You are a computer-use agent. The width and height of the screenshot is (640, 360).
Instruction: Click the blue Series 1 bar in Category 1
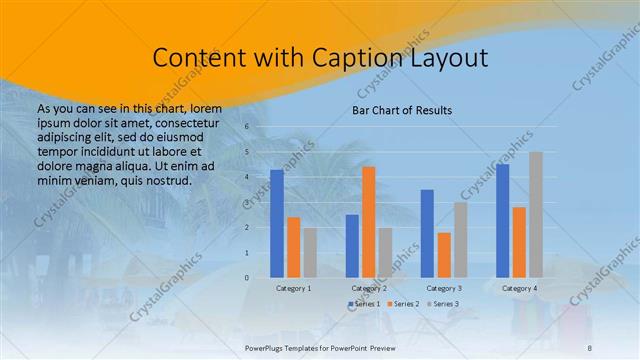tap(277, 223)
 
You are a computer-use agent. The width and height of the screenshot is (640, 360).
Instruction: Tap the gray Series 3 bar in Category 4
tap(536, 214)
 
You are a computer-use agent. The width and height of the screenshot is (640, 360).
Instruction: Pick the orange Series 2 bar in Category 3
tap(443, 254)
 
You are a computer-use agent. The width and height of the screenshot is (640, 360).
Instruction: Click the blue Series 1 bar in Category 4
tap(502, 220)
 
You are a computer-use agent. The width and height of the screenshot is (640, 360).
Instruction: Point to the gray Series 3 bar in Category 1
tap(310, 252)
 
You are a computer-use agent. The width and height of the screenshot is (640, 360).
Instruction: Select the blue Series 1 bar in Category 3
tap(427, 233)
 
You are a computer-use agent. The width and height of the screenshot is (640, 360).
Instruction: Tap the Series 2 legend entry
tap(402, 303)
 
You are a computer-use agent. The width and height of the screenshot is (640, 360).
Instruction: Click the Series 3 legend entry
tap(442, 303)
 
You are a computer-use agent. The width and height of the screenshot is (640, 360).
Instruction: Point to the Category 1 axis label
tap(293, 288)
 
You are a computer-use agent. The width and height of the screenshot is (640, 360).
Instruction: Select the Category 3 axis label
tap(443, 288)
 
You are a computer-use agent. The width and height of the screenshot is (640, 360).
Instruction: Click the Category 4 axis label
tap(518, 288)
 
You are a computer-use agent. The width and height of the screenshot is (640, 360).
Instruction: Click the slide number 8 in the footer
tap(589, 346)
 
